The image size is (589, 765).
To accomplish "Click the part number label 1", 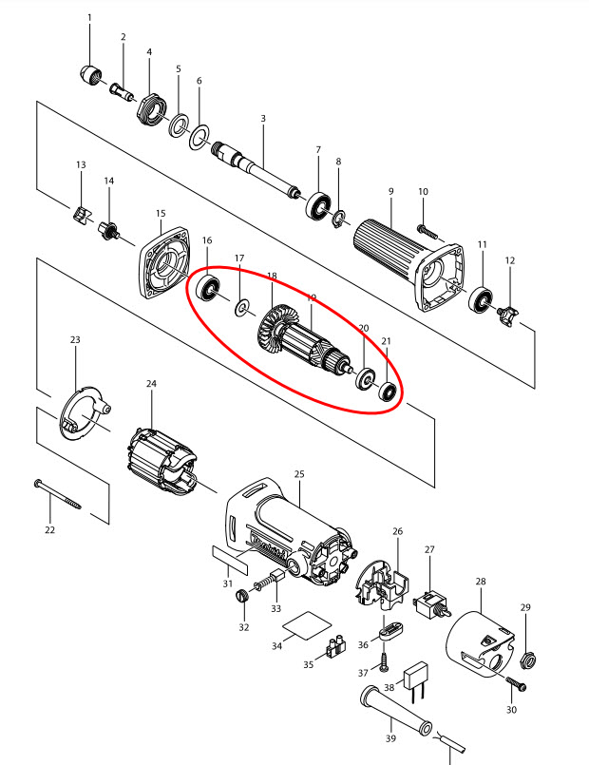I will [x=90, y=18].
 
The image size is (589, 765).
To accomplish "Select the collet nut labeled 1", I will [x=90, y=74].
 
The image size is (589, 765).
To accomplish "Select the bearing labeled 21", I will [x=387, y=390].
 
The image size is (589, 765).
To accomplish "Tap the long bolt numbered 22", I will [x=57, y=492].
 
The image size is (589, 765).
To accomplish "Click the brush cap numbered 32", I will [x=242, y=597].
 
